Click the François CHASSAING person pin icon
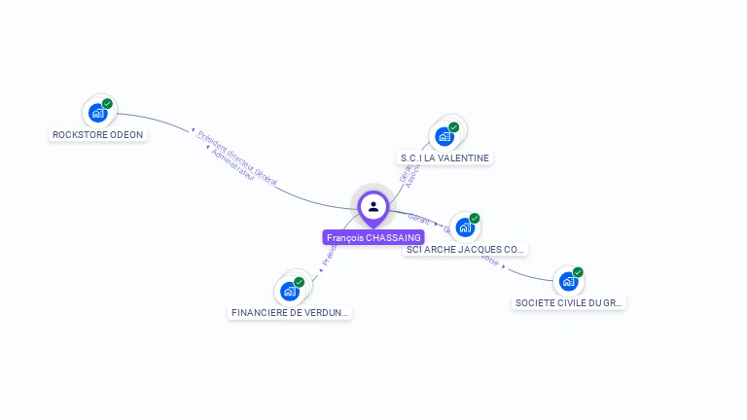click(373, 207)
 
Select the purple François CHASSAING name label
click(373, 237)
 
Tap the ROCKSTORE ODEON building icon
click(97, 113)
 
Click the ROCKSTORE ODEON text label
click(98, 134)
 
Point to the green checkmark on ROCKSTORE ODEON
click(107, 103)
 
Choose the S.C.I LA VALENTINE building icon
click(445, 136)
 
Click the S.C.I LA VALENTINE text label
click(445, 157)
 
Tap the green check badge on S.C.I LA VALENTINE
click(453, 126)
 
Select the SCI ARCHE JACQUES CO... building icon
click(465, 227)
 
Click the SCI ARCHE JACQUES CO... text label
click(466, 249)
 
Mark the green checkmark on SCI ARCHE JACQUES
click(475, 218)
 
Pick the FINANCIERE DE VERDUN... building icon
click(290, 291)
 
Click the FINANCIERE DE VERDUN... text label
click(290, 312)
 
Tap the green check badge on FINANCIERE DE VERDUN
click(299, 282)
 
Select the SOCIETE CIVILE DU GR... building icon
click(568, 282)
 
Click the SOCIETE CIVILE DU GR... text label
click(569, 302)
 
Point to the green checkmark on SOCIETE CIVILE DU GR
click(578, 272)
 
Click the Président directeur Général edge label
click(237, 156)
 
